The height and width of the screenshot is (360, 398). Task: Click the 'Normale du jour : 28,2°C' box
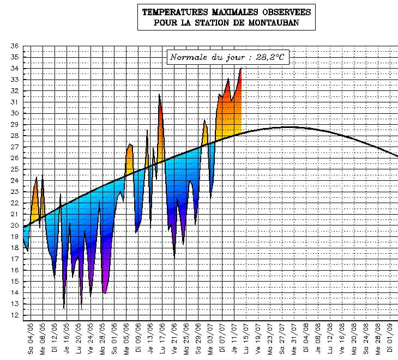tap(227, 57)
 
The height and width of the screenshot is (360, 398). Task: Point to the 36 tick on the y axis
tap(15, 46)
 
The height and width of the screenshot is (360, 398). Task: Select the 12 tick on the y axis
tap(15, 315)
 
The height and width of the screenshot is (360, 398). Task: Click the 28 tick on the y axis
tap(15, 136)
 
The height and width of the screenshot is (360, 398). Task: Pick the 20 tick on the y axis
tap(15, 225)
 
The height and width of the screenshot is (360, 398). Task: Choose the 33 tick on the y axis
tap(15, 80)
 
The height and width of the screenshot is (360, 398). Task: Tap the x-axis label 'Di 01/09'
tap(391, 338)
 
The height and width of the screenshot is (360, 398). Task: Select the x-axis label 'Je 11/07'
tap(235, 338)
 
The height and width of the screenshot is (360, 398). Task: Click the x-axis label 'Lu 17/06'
tap(163, 338)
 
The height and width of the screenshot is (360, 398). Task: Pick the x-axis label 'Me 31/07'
tap(295, 338)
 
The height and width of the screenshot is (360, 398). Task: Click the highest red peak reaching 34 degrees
tap(240, 70)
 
